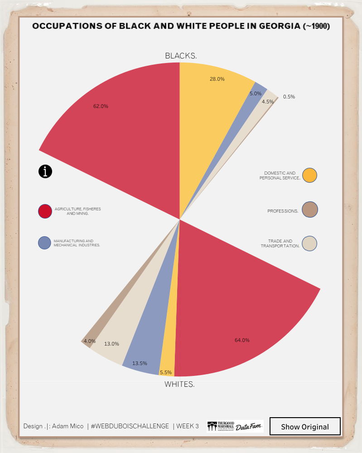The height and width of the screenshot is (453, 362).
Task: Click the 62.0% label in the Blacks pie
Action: [101, 106]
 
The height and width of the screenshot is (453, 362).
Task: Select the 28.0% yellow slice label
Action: [217, 79]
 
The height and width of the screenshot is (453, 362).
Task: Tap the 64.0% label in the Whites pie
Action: [242, 340]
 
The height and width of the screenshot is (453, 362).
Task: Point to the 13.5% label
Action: [139, 363]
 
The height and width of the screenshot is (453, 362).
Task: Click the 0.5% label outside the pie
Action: [289, 97]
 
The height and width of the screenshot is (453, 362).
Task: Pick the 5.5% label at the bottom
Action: [165, 373]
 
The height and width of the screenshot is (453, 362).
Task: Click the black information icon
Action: [45, 171]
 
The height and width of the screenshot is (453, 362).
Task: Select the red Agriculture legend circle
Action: [45, 211]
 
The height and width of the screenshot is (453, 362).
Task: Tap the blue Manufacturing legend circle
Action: [44, 243]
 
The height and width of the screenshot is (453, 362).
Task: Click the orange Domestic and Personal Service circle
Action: [309, 175]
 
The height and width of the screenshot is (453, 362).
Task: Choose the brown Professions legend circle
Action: [309, 210]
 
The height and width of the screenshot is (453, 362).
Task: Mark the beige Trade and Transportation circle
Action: [309, 243]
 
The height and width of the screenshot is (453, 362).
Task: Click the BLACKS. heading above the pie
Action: [180, 56]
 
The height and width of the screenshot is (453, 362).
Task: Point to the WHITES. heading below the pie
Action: [179, 385]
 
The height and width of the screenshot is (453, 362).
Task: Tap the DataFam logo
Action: [249, 426]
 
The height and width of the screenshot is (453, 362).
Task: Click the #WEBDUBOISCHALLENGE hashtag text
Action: [130, 426]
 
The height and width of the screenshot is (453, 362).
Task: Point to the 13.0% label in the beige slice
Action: [111, 344]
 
